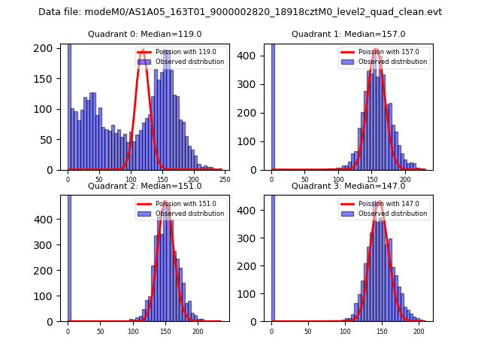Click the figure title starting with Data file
point(240,12)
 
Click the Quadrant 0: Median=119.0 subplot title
point(144,34)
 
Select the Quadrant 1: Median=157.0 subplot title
point(348,34)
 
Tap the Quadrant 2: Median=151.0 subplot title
point(144,186)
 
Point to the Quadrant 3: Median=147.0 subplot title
point(348,186)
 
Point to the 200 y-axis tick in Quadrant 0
point(47,48)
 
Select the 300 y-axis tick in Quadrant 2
point(47,245)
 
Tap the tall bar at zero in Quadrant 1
point(272,105)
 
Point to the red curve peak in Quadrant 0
point(142,51)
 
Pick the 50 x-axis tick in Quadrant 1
point(305,180)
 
